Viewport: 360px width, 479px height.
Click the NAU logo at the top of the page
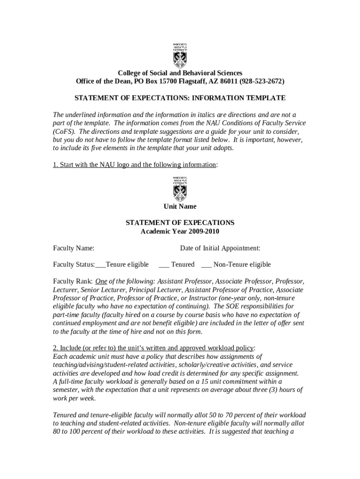pyautogui.click(x=180, y=55)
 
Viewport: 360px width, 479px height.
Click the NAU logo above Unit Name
pyautogui.click(x=180, y=188)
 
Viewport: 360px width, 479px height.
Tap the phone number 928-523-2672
pyautogui.click(x=261, y=81)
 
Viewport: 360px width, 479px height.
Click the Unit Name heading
pyautogui.click(x=180, y=206)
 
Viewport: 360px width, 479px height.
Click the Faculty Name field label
pyautogui.click(x=74, y=248)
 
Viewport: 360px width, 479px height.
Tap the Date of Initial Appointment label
pyautogui.click(x=220, y=248)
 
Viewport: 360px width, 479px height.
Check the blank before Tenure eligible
pyautogui.click(x=100, y=265)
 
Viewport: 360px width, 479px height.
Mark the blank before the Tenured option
pyautogui.click(x=164, y=265)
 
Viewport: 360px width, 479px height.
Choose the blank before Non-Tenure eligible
pyautogui.click(x=206, y=265)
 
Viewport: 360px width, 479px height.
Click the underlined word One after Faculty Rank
pyautogui.click(x=101, y=282)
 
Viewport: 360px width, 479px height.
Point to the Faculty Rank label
pyautogui.click(x=72, y=282)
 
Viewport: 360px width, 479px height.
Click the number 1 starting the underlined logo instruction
pyautogui.click(x=55, y=165)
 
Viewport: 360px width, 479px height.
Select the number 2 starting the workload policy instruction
pyautogui.click(x=55, y=348)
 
